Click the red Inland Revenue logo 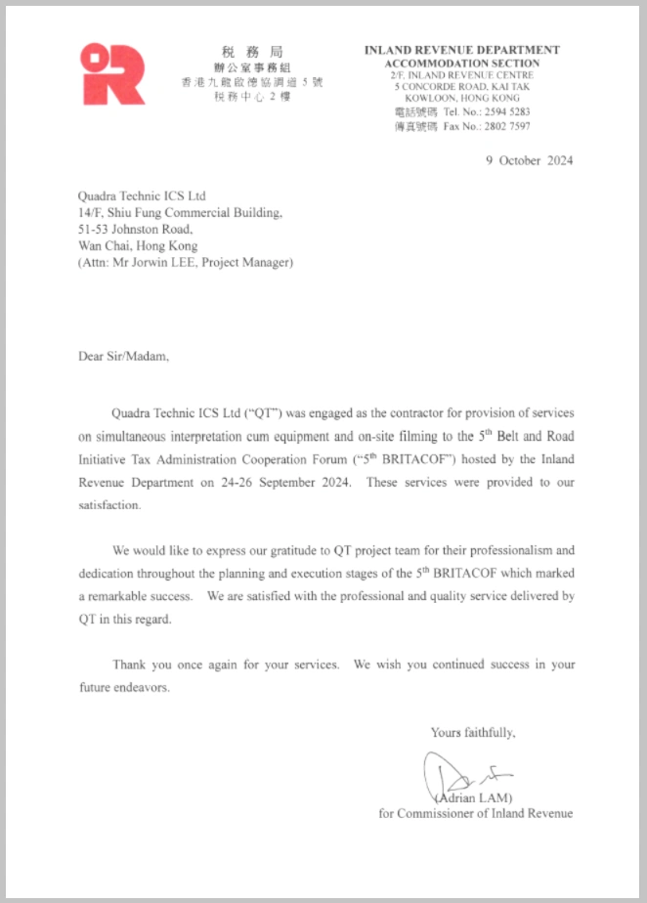[x=112, y=74]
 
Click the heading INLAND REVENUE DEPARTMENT [x=461, y=50]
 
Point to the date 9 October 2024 [x=529, y=161]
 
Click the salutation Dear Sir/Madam [x=123, y=356]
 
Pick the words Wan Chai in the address [x=99, y=246]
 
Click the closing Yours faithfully [x=473, y=732]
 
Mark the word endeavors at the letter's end [x=144, y=687]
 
